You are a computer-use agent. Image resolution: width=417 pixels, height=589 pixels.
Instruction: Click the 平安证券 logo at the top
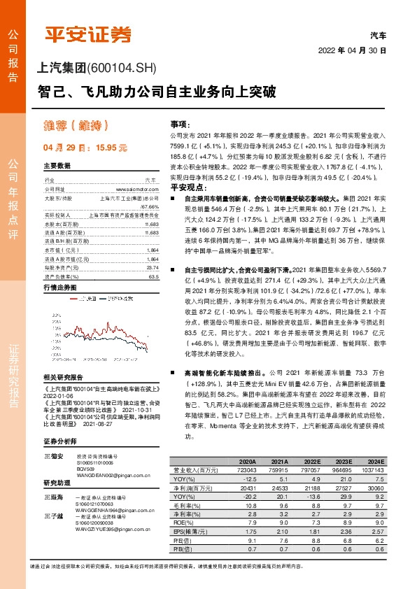coord(88,33)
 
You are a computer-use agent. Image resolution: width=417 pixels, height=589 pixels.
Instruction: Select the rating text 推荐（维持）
coord(77,126)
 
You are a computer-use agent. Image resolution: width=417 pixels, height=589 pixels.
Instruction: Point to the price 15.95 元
coord(111,148)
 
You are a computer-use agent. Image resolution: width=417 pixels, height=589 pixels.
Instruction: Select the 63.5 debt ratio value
coord(153,257)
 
